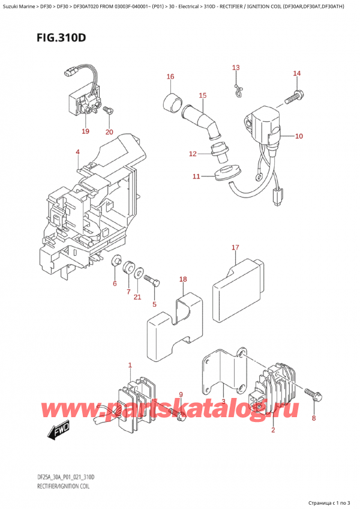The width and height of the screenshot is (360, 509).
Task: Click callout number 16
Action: click(170, 77)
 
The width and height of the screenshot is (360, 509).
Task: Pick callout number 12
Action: click(193, 154)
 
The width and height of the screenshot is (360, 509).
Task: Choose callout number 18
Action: click(183, 279)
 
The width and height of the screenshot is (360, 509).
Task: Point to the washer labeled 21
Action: click(139, 274)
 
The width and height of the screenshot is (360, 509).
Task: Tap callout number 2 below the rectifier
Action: click(272, 430)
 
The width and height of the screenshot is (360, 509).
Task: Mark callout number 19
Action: click(85, 131)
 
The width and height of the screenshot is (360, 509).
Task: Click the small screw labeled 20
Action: click(108, 110)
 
